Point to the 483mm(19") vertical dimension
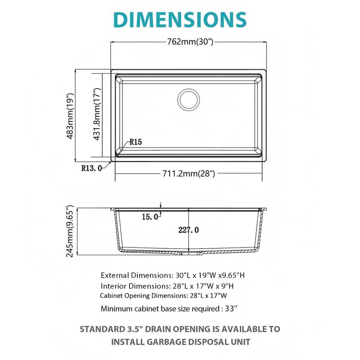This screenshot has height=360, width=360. pyautogui.click(x=70, y=117)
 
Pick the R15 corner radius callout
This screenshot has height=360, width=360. pyautogui.click(x=135, y=142)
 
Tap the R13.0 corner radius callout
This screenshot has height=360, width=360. pyautogui.click(x=92, y=169)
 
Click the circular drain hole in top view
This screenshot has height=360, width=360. pyautogui.click(x=188, y=99)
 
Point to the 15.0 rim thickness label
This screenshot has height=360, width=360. pyautogui.click(x=150, y=217)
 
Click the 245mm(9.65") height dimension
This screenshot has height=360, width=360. pyautogui.click(x=70, y=232)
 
